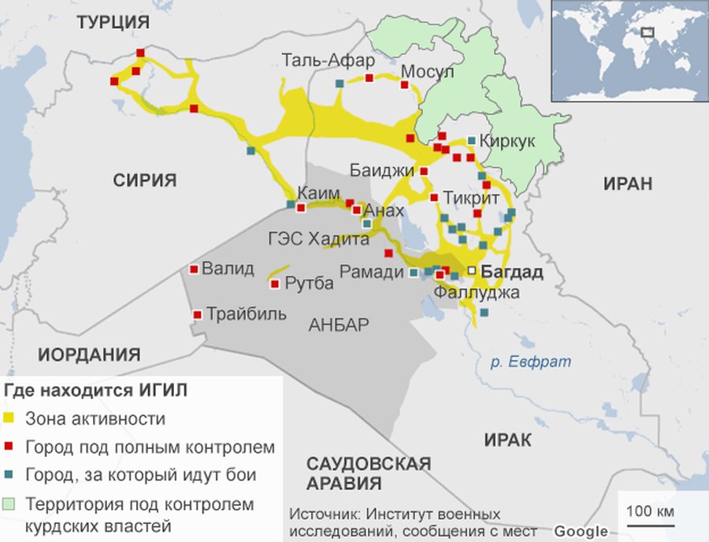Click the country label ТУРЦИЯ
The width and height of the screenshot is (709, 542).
[113, 24]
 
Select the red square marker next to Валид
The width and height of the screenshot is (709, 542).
[194, 269]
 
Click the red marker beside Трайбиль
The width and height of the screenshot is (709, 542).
[197, 315]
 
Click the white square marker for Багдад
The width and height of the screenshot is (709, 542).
[471, 270]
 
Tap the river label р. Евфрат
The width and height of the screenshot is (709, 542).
[530, 362]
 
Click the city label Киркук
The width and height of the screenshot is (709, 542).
[507, 141]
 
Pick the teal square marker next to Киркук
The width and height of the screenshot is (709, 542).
[471, 140]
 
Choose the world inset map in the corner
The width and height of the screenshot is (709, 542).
[628, 50]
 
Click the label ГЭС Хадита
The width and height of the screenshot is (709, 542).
[317, 239]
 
